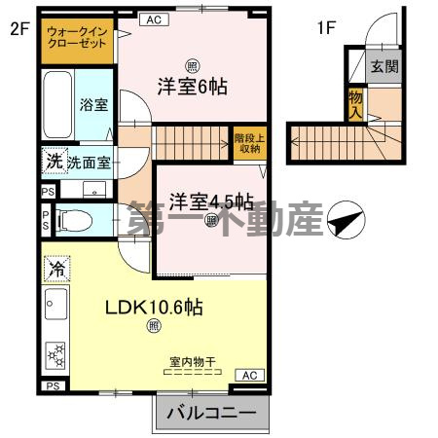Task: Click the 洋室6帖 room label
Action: pyautogui.click(x=194, y=87)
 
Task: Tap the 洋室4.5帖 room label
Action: pyautogui.click(x=210, y=201)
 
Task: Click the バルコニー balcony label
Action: pyautogui.click(x=210, y=414)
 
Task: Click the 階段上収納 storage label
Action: pyautogui.click(x=247, y=143)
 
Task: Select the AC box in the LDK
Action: pyautogui.click(x=248, y=375)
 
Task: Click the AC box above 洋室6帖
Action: pyautogui.click(x=154, y=19)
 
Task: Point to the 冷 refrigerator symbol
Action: pyautogui.click(x=57, y=267)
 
